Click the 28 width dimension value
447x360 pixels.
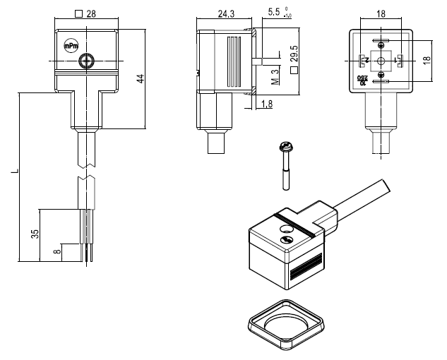click(90, 14)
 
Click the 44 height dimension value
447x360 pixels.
click(142, 78)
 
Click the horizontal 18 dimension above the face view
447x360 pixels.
click(381, 13)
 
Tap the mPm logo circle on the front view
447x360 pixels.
click(71, 46)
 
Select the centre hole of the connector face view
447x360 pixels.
click(381, 61)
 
